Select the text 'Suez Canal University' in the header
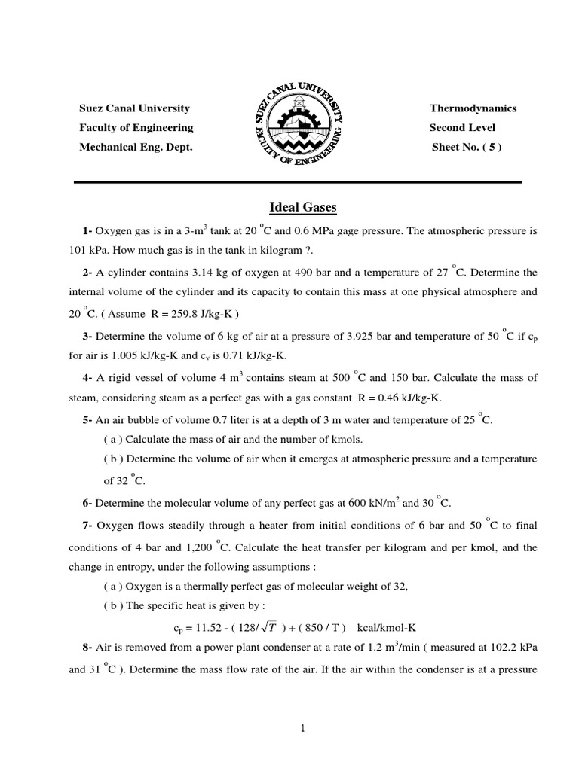pyautogui.click(x=134, y=108)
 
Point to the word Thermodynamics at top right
pyautogui.click(x=473, y=108)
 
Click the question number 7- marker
pyautogui.click(x=87, y=525)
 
